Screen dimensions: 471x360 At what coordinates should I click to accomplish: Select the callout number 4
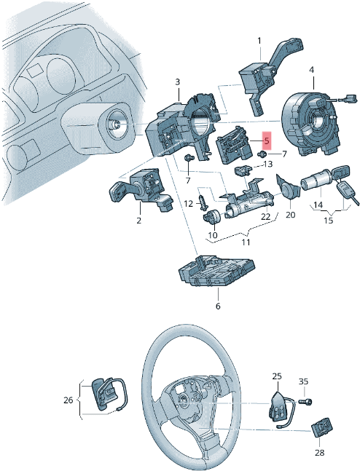tap(312, 69)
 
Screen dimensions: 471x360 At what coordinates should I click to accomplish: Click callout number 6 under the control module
tap(217, 306)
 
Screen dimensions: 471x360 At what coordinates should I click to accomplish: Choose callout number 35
tap(304, 381)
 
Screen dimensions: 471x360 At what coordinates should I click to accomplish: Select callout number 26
tap(69, 400)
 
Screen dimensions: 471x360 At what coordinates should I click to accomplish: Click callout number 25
tap(277, 376)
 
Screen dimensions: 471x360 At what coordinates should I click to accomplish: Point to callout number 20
tap(289, 215)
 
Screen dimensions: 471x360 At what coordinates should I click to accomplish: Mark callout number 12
tap(187, 203)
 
